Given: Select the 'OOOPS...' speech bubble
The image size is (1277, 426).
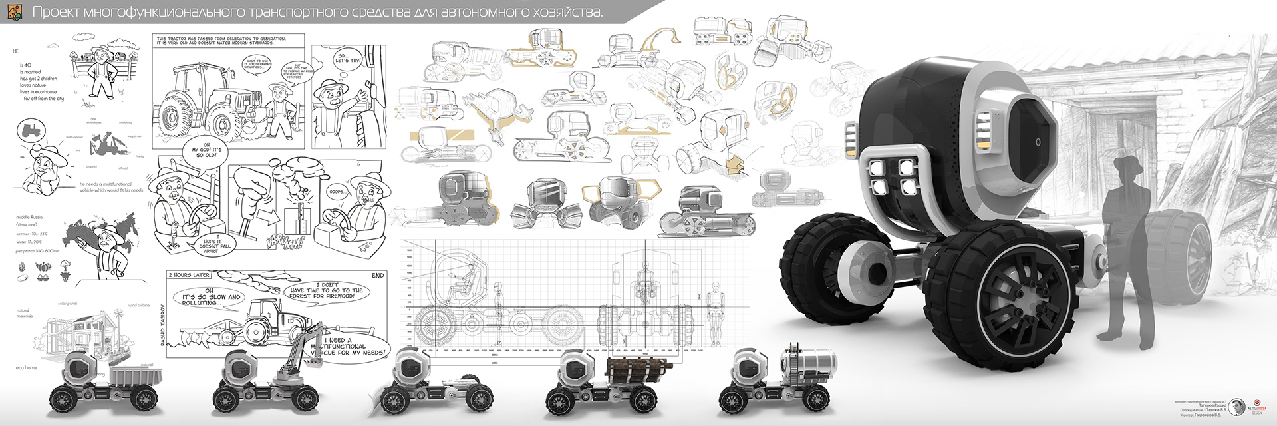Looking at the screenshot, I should click(337, 192).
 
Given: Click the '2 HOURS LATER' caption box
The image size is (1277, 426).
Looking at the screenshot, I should click(190, 275).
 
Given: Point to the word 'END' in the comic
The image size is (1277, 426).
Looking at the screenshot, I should click(378, 275).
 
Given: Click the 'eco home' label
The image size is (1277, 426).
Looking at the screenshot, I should click(27, 367).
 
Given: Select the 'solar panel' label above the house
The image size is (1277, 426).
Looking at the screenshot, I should click(67, 304).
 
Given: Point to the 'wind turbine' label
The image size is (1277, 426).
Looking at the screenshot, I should click(138, 306).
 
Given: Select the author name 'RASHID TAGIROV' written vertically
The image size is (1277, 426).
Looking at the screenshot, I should click(162, 325).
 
